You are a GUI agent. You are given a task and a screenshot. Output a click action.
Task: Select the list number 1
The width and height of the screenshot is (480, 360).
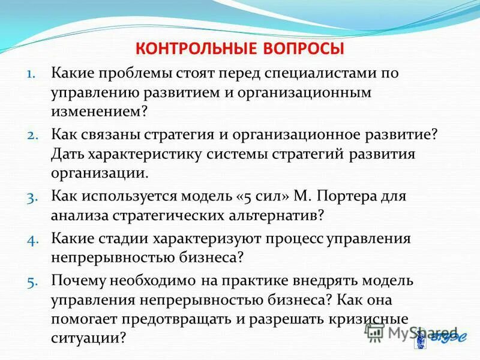[31, 74]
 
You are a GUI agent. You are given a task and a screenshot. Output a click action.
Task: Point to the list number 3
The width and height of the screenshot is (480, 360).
[32, 196]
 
